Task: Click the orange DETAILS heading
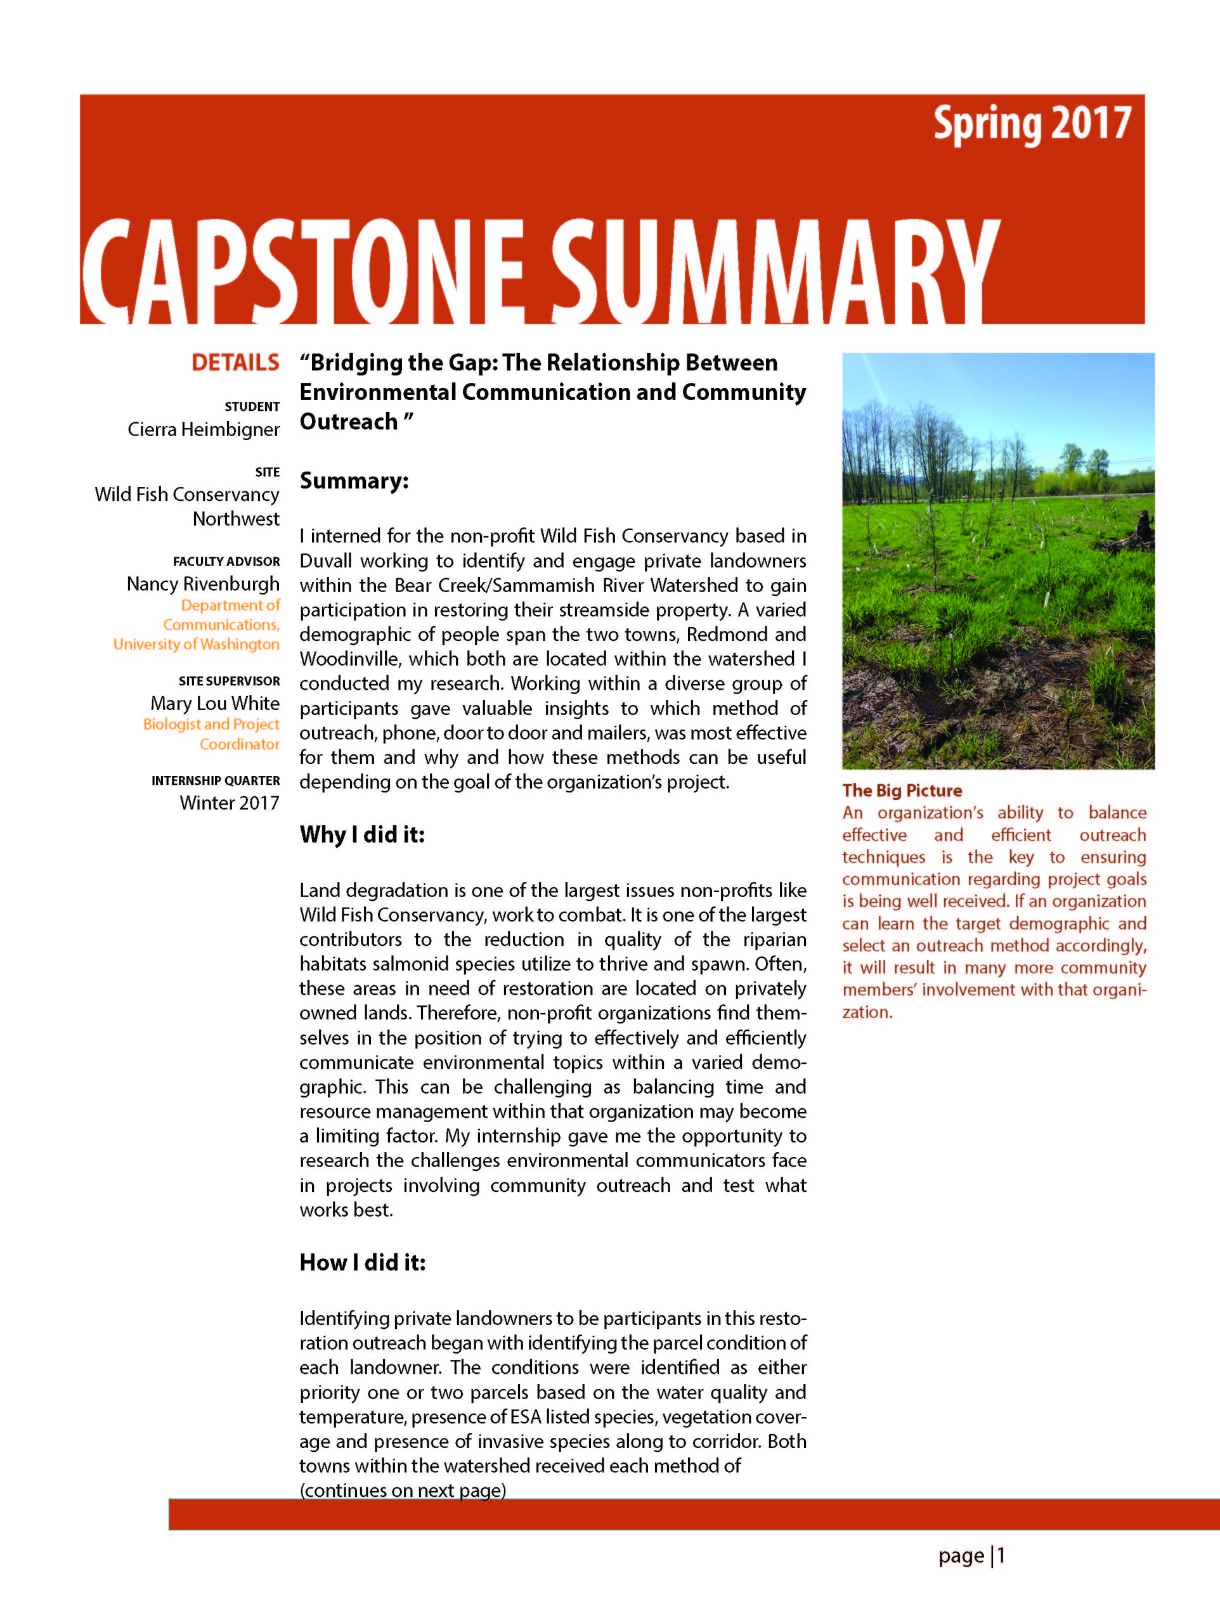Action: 235,363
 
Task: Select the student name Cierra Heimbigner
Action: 204,429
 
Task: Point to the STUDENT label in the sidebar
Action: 252,406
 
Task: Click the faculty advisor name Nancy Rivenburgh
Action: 203,584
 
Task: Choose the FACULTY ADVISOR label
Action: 226,561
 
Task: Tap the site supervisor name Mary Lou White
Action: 214,703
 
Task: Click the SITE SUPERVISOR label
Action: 229,681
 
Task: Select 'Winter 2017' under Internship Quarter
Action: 229,802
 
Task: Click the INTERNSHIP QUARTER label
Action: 215,780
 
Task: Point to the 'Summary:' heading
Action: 354,481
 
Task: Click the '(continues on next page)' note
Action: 402,1490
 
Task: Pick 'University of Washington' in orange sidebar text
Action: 196,644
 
